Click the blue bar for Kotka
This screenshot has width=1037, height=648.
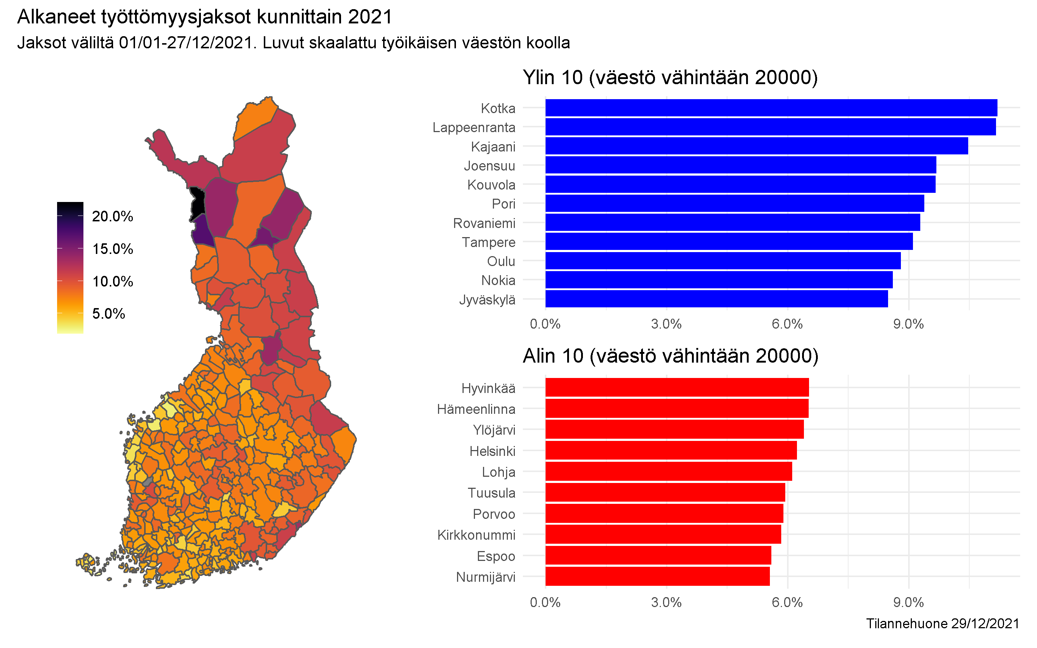[x=771, y=108]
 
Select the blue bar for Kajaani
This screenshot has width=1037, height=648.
[x=756, y=146]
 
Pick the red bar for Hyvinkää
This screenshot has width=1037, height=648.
[x=677, y=387]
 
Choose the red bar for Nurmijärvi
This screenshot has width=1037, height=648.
[x=657, y=576]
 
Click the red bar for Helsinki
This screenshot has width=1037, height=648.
[x=671, y=450]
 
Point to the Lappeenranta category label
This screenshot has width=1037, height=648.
[x=473, y=127]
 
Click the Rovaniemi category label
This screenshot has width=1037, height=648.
[x=484, y=223]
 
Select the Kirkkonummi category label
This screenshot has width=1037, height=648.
[x=476, y=535]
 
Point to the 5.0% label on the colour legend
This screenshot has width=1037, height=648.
[x=108, y=313]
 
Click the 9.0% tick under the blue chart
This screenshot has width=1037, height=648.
[x=908, y=324]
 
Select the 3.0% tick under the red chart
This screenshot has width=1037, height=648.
[x=666, y=602]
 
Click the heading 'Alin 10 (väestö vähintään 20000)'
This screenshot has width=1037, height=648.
[x=670, y=356]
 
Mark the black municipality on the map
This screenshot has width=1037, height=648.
[x=197, y=203]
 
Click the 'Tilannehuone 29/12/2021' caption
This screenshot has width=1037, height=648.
[x=942, y=623]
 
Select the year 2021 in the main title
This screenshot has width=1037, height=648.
[x=370, y=17]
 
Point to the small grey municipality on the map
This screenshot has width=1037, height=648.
[x=148, y=481]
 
